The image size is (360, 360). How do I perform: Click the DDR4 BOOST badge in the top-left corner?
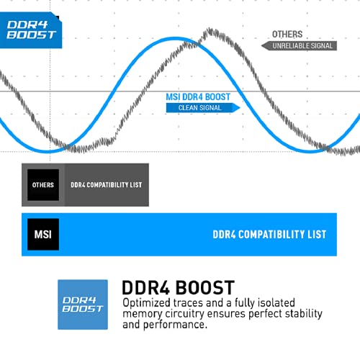coord(31,30)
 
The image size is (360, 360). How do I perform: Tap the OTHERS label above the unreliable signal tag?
coord(287,35)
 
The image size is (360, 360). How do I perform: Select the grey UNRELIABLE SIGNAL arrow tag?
coord(299,46)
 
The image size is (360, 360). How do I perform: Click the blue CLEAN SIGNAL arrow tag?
coord(203,108)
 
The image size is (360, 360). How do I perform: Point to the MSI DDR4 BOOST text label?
coord(198,97)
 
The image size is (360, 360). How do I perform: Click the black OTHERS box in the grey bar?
coord(43,185)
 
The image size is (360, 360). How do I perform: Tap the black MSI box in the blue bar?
coord(43,235)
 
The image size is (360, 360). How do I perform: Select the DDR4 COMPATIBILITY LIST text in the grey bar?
coord(107,185)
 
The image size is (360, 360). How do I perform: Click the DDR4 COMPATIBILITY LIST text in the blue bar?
coord(269,235)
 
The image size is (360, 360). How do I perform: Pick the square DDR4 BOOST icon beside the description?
coord(83,305)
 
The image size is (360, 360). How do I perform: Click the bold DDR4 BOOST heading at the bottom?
coord(178,287)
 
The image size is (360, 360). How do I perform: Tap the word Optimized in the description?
coord(146,303)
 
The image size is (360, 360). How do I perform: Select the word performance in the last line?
coord(174,325)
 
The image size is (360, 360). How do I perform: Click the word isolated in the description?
coord(276,302)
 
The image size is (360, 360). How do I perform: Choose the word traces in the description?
coord(188,303)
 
